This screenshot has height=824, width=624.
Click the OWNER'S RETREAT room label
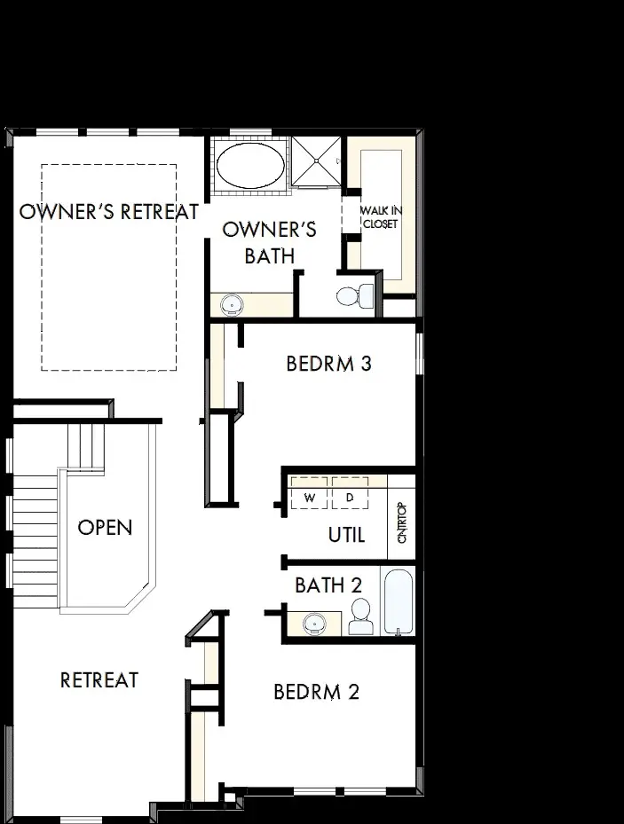click(x=108, y=212)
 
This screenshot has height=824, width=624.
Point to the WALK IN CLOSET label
click(x=379, y=217)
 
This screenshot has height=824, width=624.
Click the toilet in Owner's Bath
click(x=357, y=295)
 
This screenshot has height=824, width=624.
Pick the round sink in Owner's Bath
click(x=233, y=304)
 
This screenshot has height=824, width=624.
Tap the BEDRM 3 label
click(x=328, y=363)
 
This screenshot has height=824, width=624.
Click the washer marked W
click(x=309, y=498)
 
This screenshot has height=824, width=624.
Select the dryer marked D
click(x=350, y=498)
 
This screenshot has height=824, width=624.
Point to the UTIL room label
click(x=347, y=536)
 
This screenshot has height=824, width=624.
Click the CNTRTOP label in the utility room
click(x=401, y=524)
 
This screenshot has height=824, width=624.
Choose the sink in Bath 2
click(x=312, y=624)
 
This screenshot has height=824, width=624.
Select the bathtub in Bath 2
click(x=398, y=601)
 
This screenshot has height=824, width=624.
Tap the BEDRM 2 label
click(x=317, y=692)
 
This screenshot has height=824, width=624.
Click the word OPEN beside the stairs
click(x=105, y=528)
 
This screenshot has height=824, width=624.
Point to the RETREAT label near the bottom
click(x=99, y=680)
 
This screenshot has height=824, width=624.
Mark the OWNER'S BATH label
click(x=269, y=243)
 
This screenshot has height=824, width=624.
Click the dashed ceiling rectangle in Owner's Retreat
click(x=108, y=266)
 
